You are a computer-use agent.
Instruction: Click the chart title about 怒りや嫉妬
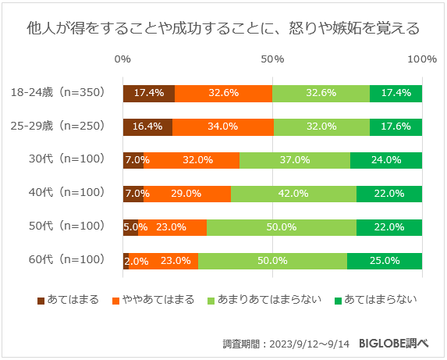click(223, 29)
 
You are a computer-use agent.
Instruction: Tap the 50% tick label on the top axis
click(272, 59)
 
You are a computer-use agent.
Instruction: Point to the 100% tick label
click(422, 59)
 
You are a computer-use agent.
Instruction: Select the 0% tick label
click(122, 59)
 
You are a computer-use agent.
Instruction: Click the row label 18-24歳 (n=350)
click(57, 93)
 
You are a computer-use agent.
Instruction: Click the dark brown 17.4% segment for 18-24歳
click(148, 93)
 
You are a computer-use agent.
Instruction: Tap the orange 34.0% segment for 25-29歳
click(223, 127)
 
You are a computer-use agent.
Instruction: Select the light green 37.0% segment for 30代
click(294, 160)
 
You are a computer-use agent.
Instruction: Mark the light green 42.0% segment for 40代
click(293, 194)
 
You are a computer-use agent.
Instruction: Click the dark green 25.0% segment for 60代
click(385, 261)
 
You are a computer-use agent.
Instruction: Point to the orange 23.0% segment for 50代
click(172, 227)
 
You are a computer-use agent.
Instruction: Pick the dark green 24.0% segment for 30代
click(386, 160)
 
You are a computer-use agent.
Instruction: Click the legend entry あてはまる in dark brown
click(68, 299)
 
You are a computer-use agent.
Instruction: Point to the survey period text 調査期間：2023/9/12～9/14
click(286, 343)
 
